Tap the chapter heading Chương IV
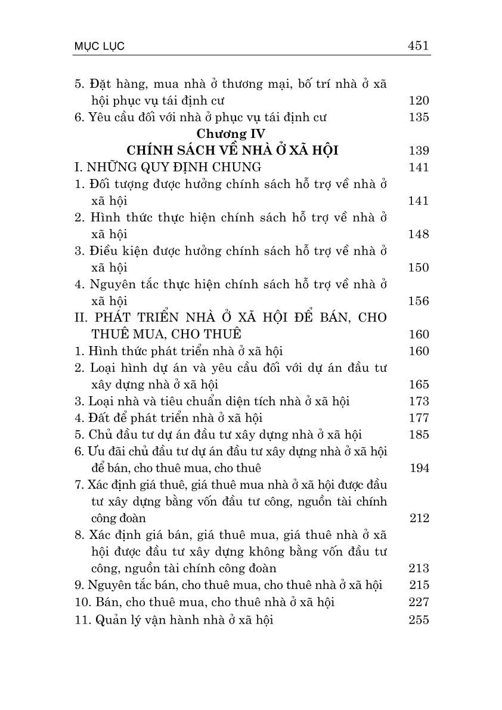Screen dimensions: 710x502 pos(232,134)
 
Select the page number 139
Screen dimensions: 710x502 pos(419,150)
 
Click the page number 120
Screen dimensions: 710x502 pos(419,100)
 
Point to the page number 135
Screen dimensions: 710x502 pos(419,117)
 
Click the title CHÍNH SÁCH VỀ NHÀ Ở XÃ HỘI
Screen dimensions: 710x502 pos(233,150)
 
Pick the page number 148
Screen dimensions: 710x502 pos(419,234)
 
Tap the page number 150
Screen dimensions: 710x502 pos(419,267)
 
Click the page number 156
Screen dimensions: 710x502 pos(419,301)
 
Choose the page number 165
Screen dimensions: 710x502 pos(419,384)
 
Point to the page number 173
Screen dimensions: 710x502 pos(419,401)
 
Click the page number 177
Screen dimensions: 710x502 pos(419,418)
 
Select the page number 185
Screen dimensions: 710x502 pos(419,434)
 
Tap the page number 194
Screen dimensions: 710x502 pos(419,468)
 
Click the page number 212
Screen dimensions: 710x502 pos(419,518)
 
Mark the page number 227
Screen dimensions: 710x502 pos(419,602)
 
